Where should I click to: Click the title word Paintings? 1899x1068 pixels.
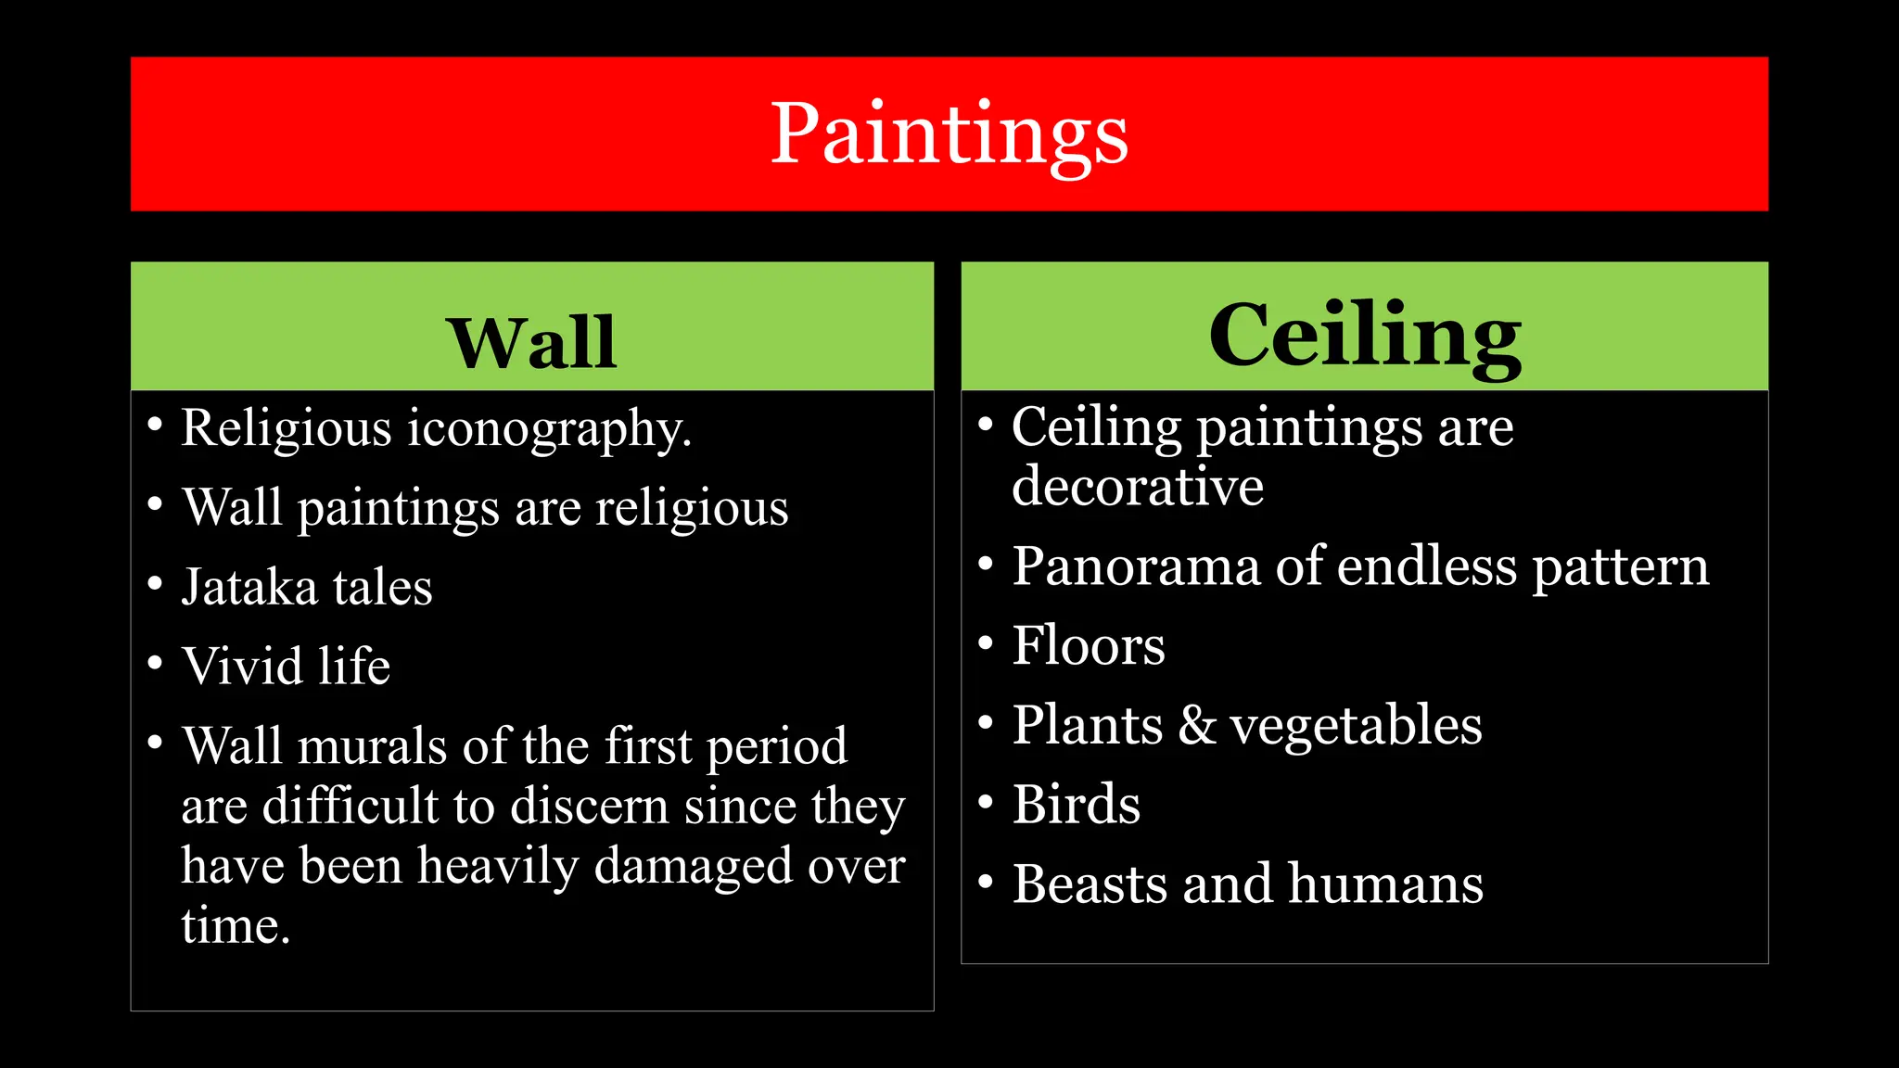click(949, 135)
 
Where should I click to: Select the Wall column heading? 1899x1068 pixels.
click(531, 343)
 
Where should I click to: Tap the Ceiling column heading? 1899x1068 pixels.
click(1364, 336)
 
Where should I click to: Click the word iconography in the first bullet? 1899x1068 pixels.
click(549, 430)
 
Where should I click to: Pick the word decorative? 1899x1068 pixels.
click(1137, 487)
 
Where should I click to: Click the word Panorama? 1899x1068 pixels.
click(1135, 566)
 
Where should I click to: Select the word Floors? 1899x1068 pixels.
click(1088, 646)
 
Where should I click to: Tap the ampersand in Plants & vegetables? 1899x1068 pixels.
click(1196, 725)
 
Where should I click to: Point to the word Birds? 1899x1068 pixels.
click(1076, 805)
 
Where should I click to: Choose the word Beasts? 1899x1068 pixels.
click(1089, 884)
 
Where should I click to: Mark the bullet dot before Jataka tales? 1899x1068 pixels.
click(155, 584)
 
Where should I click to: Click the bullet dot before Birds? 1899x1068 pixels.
click(986, 800)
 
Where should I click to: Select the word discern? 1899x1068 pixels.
click(589, 807)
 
